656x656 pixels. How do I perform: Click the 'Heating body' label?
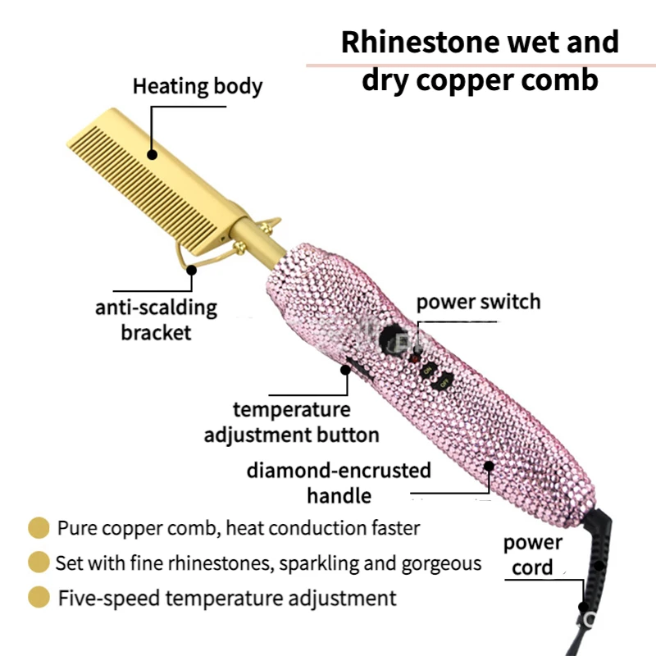(x=198, y=86)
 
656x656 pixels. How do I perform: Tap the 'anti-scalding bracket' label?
(x=156, y=320)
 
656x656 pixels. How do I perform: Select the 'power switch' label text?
(x=478, y=302)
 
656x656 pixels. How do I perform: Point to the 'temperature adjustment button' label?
(x=291, y=421)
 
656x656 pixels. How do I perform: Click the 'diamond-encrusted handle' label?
(x=339, y=483)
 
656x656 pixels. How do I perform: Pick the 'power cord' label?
(x=532, y=554)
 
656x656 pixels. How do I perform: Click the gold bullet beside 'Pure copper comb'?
(x=38, y=527)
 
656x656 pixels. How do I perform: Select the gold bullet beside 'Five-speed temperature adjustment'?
(x=38, y=598)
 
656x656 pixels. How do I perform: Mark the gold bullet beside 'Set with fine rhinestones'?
(x=38, y=563)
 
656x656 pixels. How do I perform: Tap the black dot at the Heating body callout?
(x=153, y=153)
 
